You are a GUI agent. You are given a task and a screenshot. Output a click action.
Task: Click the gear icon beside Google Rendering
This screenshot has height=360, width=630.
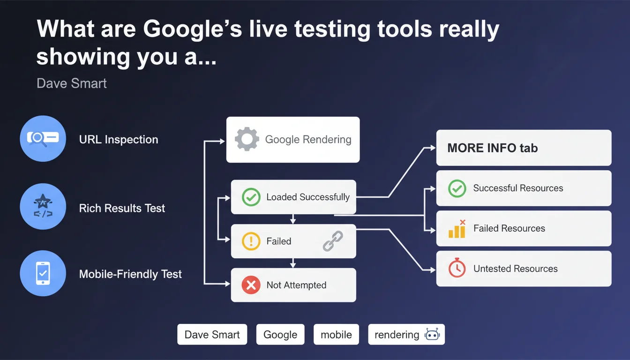click(247, 139)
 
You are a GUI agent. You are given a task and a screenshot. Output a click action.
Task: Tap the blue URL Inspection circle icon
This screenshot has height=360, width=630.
click(43, 138)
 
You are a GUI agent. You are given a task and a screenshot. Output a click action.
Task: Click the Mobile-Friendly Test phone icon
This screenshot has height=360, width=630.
click(43, 273)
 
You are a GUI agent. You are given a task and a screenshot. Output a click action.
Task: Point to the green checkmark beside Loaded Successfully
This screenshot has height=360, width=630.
click(251, 197)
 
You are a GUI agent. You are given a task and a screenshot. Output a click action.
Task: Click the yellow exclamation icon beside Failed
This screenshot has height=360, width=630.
click(251, 241)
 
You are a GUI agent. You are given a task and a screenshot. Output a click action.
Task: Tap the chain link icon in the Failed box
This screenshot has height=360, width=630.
click(333, 241)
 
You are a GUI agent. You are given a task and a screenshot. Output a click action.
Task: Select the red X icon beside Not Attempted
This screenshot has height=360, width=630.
click(251, 285)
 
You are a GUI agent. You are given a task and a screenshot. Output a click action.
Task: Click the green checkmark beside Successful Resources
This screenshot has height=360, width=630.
click(457, 188)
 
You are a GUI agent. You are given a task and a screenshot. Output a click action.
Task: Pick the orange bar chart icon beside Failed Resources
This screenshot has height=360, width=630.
click(457, 229)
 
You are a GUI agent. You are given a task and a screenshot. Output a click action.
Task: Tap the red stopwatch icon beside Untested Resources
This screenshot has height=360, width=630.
click(457, 268)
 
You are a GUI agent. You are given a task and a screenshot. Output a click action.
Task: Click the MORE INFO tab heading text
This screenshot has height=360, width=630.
click(493, 148)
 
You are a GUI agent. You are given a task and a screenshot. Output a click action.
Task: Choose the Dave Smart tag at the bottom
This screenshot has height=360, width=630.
click(212, 334)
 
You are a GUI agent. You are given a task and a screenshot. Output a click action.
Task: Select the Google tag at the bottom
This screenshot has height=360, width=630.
click(280, 334)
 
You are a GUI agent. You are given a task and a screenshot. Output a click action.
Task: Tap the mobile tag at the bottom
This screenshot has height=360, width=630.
click(336, 334)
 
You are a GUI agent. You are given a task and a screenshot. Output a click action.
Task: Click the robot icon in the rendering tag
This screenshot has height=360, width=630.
click(432, 334)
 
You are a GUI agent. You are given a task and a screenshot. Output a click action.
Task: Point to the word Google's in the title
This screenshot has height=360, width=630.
click(192, 29)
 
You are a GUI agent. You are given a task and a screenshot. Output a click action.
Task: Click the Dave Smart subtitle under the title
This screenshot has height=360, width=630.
click(71, 83)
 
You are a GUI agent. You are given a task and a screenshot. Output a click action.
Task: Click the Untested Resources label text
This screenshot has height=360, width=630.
click(515, 269)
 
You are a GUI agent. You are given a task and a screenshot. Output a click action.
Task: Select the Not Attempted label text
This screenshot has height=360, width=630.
click(296, 285)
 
